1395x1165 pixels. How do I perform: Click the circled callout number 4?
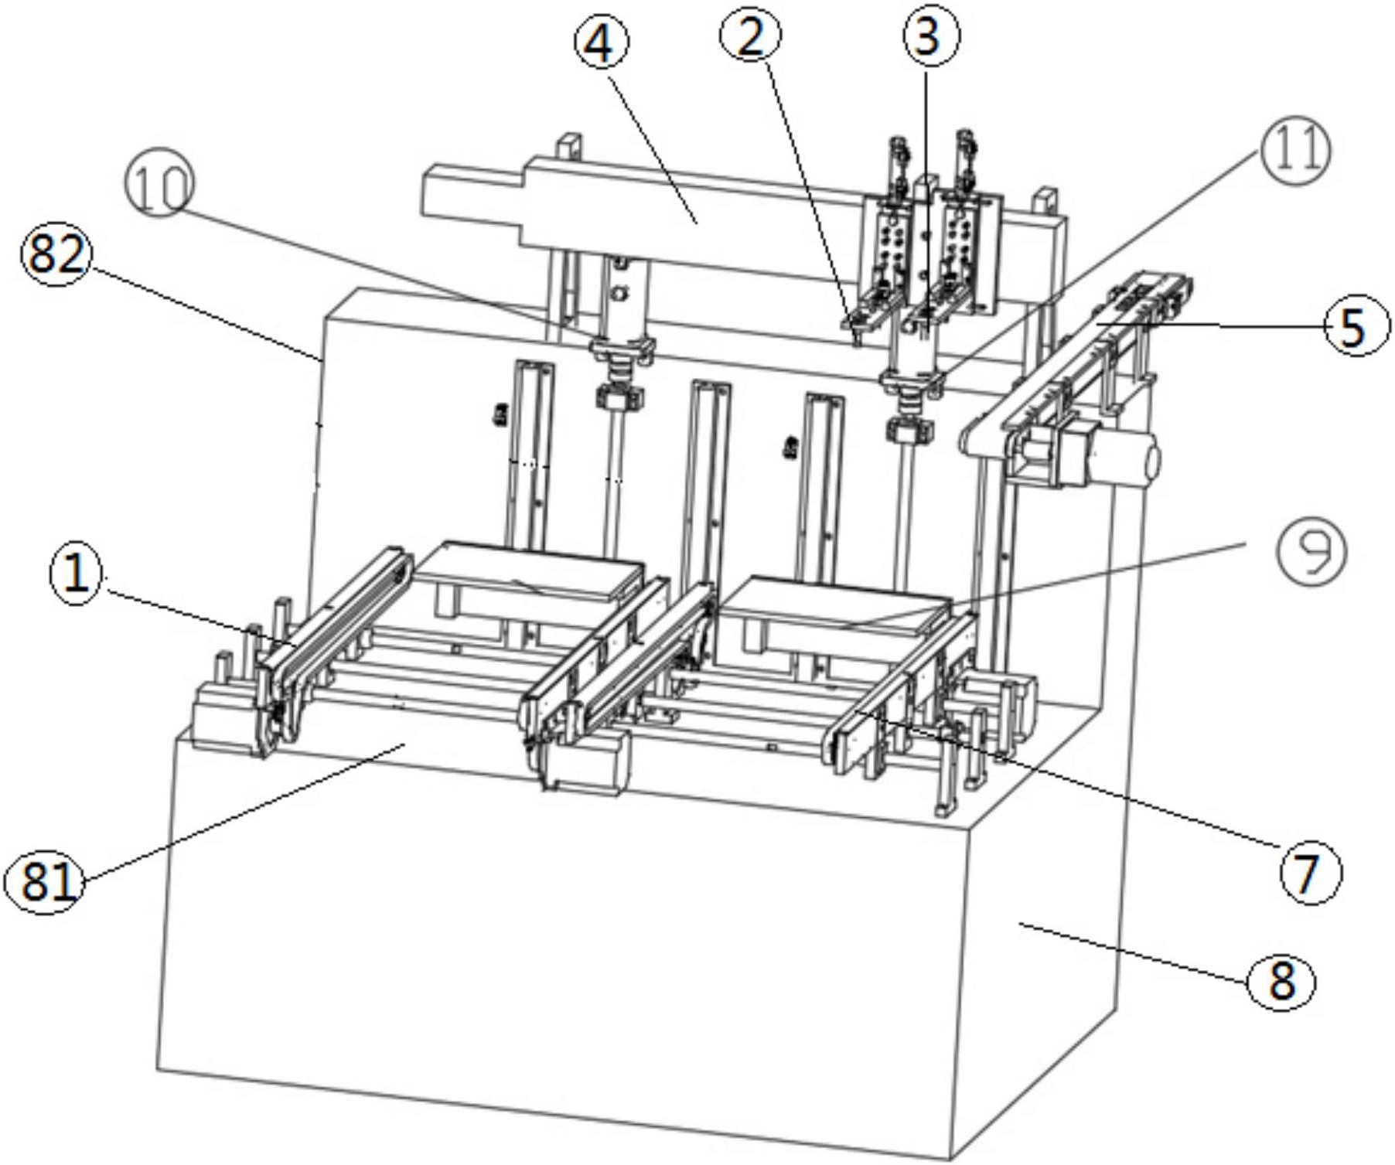click(x=601, y=43)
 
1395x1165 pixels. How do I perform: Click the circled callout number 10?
click(x=159, y=186)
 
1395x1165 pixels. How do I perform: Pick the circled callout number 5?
click(x=1353, y=328)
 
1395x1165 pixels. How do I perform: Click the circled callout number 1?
click(x=77, y=576)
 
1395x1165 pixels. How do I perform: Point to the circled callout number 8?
click(x=1281, y=981)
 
